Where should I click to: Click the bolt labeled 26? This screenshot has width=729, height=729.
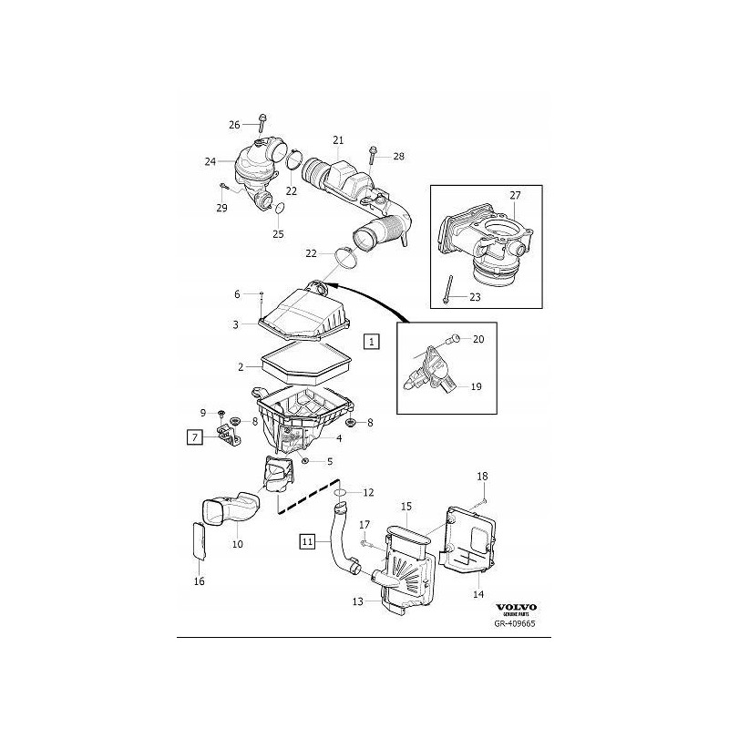tap(262, 123)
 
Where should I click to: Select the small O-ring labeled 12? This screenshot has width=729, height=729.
tap(339, 492)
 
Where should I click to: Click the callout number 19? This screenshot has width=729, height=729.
tap(476, 386)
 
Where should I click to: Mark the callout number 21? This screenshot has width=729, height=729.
tap(337, 140)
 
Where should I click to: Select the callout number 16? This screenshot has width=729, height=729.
tap(200, 581)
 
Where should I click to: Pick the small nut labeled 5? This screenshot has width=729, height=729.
tap(303, 461)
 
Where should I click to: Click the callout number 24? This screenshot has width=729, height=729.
tap(210, 161)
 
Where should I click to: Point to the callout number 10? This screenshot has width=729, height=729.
tap(237, 544)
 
